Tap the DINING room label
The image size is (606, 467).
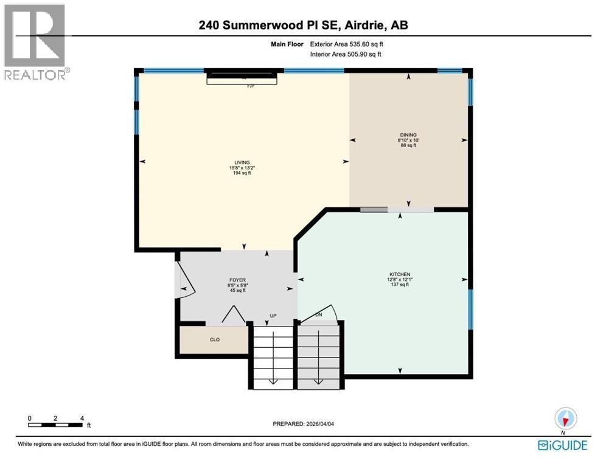click(x=408, y=135)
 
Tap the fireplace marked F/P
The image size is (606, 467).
click(x=243, y=78)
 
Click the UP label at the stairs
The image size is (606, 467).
click(x=274, y=316)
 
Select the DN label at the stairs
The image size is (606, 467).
click(x=318, y=314)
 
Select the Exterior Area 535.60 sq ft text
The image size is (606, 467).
click(x=347, y=44)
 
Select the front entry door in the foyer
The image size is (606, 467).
click(x=184, y=281)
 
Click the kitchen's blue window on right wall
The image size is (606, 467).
click(x=470, y=310)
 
